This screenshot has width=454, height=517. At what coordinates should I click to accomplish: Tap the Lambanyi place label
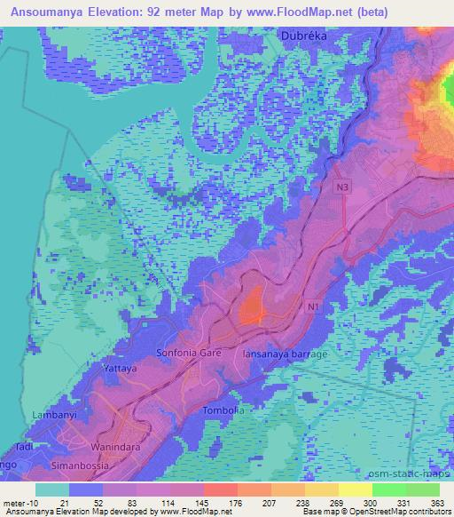tap(52, 415)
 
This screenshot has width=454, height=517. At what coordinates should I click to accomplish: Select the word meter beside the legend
tap(13, 504)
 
